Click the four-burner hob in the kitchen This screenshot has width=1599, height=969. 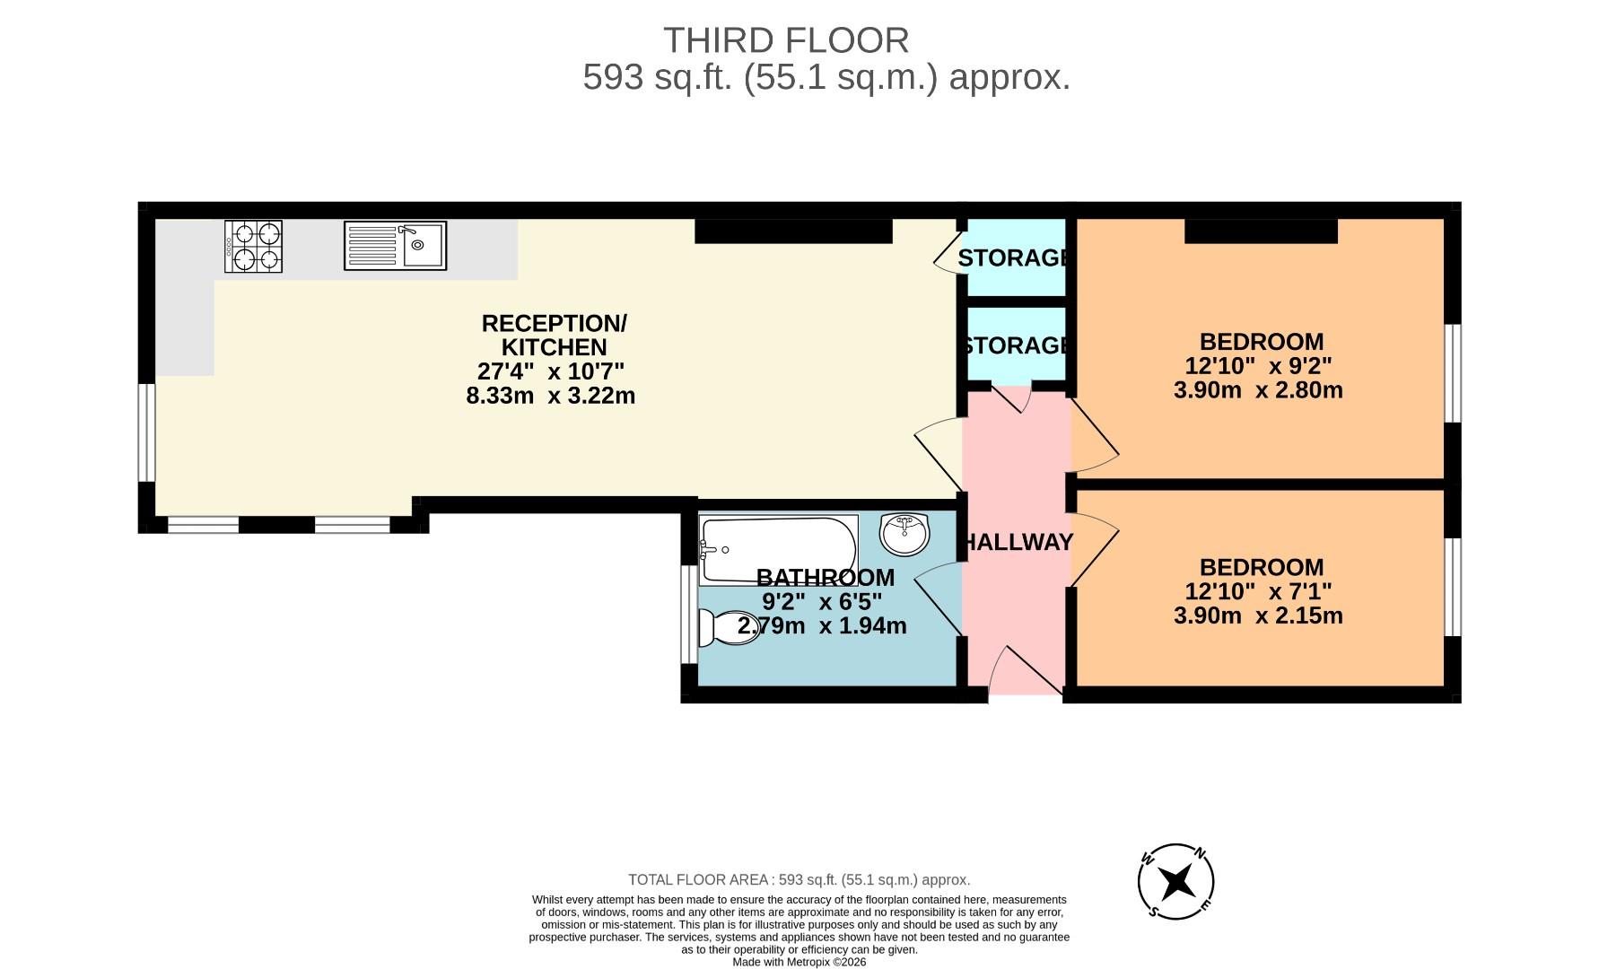click(253, 247)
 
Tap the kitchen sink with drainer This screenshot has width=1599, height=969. click(395, 246)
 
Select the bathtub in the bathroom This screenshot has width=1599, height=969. click(778, 548)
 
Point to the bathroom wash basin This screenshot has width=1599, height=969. click(904, 535)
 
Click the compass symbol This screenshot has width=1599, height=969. click(1175, 882)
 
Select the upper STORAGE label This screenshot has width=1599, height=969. click(1013, 258)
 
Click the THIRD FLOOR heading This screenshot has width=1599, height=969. click(786, 41)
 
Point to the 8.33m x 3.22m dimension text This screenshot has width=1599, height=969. click(550, 396)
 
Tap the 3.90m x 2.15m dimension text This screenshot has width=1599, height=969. click(1258, 615)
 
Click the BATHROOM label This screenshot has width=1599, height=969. click(825, 578)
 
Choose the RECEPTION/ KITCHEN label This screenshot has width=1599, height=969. click(554, 335)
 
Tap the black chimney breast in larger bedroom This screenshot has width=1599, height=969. click(1260, 231)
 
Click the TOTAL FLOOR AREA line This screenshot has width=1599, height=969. click(799, 880)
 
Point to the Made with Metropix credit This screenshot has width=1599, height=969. click(799, 962)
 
